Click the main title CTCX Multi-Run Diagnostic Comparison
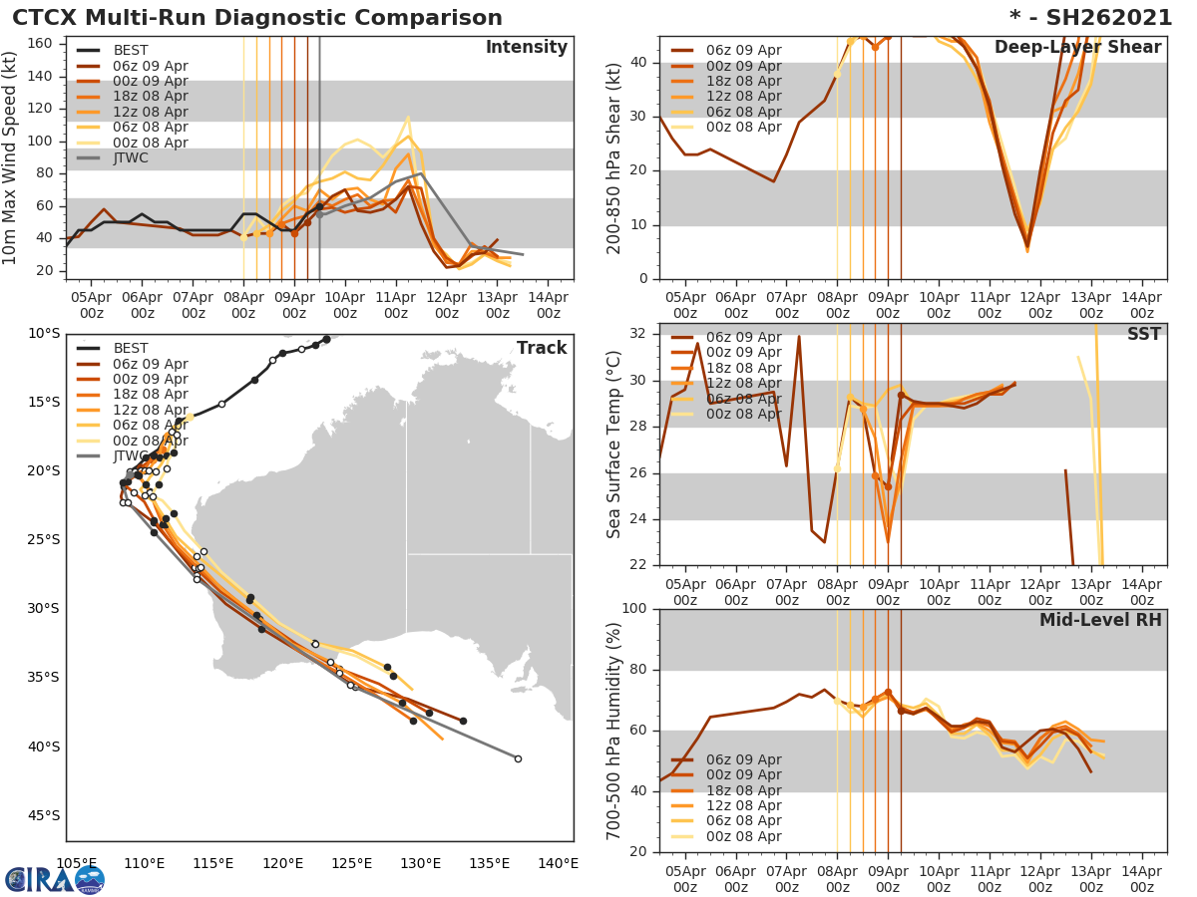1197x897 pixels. (257, 18)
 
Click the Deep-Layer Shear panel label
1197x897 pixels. (1077, 48)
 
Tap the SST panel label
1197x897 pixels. (1143, 335)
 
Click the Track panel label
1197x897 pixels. (541, 348)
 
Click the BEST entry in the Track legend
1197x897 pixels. (131, 348)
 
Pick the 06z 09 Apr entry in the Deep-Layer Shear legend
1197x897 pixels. (743, 51)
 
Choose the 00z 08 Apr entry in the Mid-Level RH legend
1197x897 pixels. (743, 836)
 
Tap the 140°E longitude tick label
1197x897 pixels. (557, 863)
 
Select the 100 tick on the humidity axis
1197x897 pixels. (634, 609)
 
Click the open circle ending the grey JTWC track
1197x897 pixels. (518, 758)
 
